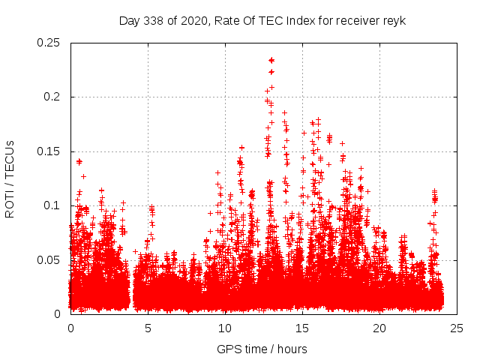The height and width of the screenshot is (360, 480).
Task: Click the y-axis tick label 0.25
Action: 49,43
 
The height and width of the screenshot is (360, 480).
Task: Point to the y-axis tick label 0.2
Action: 52,97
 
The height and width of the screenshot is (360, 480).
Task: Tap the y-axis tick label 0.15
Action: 49,151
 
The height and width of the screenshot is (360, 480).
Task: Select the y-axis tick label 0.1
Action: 52,205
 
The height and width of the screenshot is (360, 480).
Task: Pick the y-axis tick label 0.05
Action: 49,259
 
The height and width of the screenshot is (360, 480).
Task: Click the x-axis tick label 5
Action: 148,328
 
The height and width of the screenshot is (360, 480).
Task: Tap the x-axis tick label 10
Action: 225,328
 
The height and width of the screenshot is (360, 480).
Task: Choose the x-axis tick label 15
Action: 302,328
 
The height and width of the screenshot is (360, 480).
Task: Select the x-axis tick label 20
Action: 379,328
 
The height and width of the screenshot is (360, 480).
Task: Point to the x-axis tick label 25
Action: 457,328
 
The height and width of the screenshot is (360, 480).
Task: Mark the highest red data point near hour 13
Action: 271,60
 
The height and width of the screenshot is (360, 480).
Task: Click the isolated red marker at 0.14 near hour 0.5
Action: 79,161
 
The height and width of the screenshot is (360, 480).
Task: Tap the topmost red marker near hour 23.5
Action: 434,191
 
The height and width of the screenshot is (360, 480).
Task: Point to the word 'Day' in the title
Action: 130,20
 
